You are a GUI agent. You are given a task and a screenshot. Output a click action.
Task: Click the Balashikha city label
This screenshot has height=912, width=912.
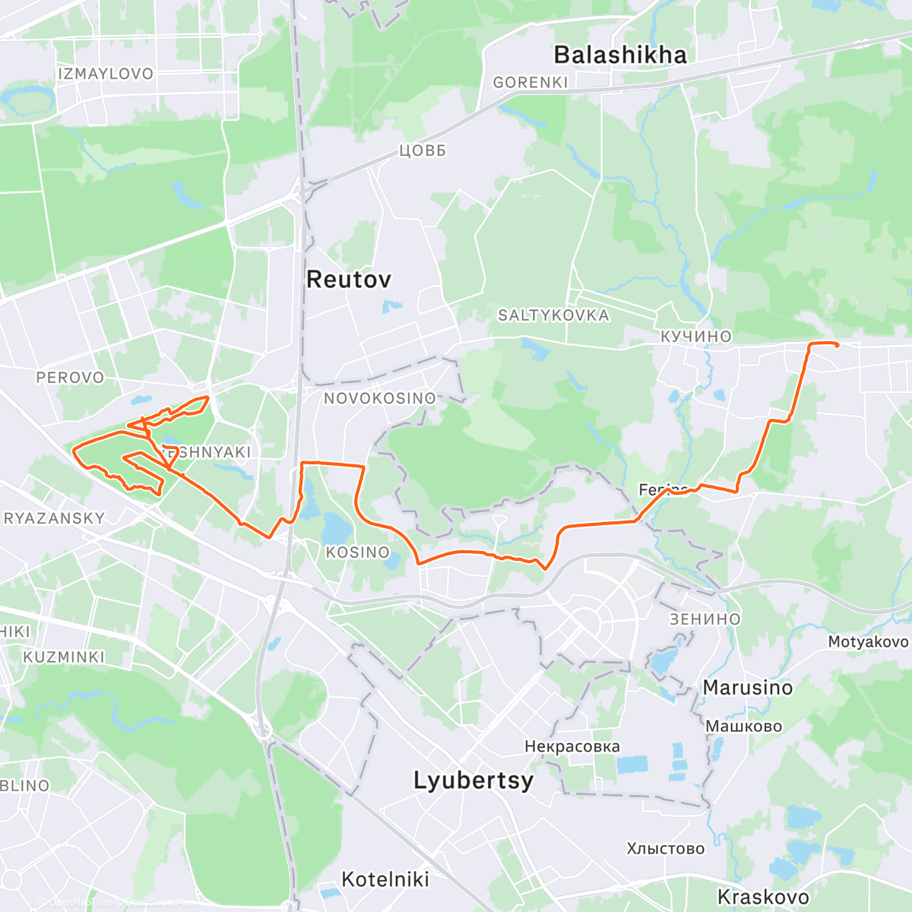(x=620, y=55)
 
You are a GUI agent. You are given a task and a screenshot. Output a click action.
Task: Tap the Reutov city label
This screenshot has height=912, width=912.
(x=349, y=279)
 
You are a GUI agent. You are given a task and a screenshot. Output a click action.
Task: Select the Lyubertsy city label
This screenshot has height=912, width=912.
(x=473, y=781)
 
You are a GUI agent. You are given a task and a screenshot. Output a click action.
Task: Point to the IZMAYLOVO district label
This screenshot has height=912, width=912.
(x=106, y=74)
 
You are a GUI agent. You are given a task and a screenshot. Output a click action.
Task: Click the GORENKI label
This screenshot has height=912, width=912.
(x=530, y=82)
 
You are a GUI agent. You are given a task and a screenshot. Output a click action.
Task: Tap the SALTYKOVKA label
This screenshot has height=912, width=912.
(x=553, y=315)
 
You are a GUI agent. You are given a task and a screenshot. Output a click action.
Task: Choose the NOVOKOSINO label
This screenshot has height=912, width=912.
(x=380, y=398)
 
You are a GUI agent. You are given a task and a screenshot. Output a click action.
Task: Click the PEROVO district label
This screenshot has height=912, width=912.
(x=70, y=378)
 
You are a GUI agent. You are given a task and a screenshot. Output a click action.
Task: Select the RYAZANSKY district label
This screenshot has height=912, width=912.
(x=55, y=518)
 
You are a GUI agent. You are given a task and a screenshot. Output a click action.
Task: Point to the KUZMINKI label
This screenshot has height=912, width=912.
(x=64, y=657)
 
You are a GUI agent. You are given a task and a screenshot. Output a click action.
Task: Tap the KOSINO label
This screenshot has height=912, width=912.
(x=357, y=553)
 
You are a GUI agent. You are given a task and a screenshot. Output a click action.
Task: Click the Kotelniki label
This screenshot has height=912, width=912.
(x=385, y=879)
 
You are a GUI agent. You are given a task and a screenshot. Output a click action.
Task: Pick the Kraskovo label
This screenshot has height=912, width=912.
(x=763, y=897)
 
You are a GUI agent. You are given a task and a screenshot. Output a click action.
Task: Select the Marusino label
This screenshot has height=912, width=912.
(x=747, y=688)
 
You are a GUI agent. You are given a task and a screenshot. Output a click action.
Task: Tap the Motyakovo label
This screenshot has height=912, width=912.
(x=868, y=641)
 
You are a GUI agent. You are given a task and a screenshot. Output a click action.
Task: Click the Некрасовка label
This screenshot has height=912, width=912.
(x=572, y=746)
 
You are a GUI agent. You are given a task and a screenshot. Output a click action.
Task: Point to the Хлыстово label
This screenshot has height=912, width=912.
(x=666, y=848)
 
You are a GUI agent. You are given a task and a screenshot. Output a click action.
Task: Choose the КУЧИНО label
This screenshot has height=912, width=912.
(x=695, y=336)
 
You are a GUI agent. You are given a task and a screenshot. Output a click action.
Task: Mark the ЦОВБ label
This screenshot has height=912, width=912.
(x=423, y=150)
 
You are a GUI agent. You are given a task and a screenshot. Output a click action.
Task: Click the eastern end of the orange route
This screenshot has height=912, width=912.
(x=837, y=346)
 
